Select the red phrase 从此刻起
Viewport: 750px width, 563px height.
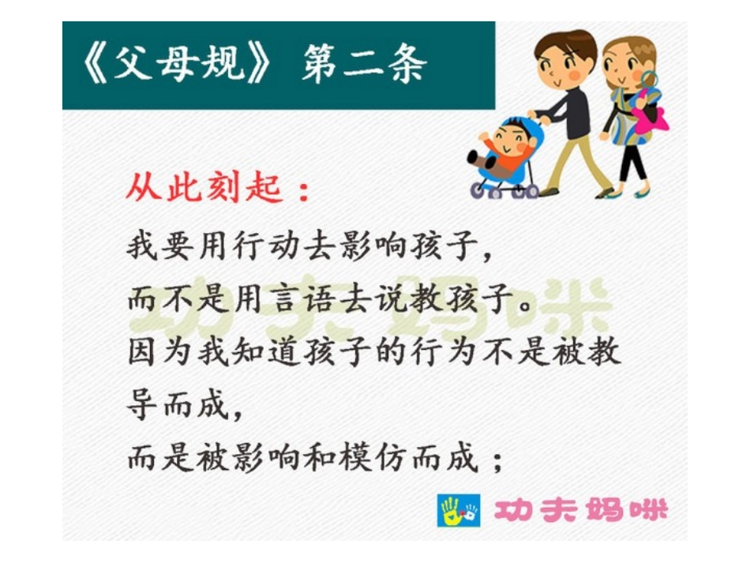point(203,189)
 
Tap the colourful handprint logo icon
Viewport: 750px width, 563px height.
point(459,511)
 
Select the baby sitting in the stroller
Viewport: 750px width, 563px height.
point(501,146)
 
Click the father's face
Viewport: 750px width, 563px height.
point(561,63)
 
